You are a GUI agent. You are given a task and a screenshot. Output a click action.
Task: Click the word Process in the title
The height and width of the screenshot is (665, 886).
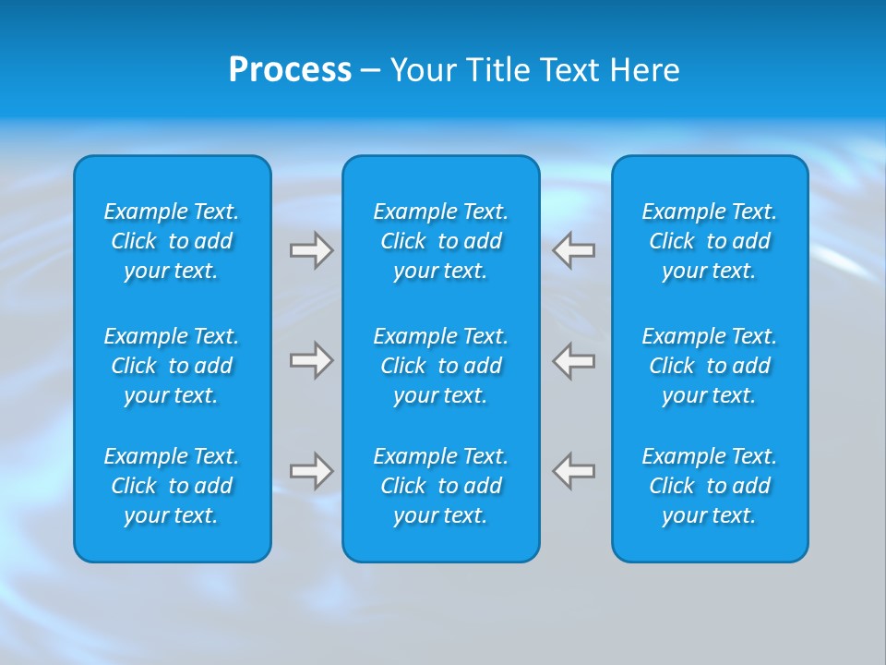pos(290,70)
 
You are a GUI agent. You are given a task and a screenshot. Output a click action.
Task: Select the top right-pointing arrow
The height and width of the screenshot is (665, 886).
pos(311,250)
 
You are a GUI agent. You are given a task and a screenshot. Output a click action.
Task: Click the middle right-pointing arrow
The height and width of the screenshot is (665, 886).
pos(311,360)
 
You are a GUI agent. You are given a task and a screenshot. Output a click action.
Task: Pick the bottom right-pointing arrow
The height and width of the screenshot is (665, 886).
pos(311,471)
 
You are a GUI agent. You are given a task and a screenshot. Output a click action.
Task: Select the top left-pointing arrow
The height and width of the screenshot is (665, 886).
pos(574,250)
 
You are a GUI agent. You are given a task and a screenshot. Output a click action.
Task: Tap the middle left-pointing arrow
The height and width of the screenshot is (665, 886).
pos(574,360)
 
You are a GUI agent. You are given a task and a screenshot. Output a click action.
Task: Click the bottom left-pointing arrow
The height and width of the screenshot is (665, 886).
pos(574,471)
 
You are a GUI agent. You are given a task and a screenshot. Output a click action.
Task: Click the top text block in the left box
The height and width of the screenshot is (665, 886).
pos(172,241)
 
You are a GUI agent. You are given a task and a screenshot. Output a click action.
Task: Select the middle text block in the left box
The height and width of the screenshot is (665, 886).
pos(172,366)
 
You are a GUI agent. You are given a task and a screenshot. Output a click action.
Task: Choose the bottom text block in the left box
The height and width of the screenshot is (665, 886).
pos(172,486)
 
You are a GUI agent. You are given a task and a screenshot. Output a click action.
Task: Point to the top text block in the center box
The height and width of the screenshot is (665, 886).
pos(440,241)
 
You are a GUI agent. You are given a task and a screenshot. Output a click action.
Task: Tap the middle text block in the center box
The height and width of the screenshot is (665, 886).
pos(440,366)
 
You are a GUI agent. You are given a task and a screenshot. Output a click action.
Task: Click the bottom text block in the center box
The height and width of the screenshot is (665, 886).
pos(440,486)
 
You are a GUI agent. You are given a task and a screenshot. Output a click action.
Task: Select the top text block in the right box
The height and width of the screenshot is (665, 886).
pos(709,241)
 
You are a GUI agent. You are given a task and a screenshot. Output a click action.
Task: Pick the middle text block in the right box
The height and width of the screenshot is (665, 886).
pos(709,366)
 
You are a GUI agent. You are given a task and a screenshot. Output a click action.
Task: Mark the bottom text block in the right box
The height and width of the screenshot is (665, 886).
pos(709,486)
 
